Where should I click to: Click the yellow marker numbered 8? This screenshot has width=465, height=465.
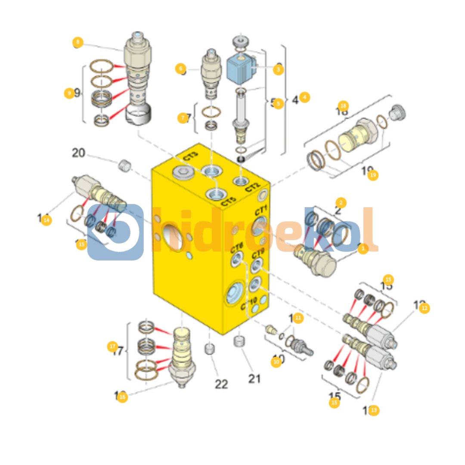[x=77, y=42]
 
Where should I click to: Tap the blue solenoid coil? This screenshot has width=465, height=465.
[x=241, y=68]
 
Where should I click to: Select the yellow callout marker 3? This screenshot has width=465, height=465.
[x=278, y=69]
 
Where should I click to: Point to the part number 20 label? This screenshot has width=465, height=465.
[x=78, y=153]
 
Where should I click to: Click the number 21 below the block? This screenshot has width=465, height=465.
[x=254, y=378]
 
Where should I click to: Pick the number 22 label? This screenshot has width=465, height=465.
[x=221, y=384]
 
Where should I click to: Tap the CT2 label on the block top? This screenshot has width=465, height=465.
[x=253, y=188]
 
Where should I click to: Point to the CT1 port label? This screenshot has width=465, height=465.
[x=261, y=211]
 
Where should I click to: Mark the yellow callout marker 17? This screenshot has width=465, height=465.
[x=112, y=346]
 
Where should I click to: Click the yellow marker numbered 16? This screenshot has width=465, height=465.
[x=122, y=397]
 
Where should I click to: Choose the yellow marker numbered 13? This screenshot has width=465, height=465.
[x=374, y=410]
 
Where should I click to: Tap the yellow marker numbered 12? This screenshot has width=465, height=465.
[x=425, y=308]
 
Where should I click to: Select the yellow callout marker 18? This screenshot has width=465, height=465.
[x=343, y=105]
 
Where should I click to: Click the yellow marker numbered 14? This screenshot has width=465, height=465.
[x=46, y=220]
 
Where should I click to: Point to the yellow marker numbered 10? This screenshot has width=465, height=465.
[x=276, y=362]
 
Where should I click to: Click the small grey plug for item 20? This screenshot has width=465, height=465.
[x=124, y=164]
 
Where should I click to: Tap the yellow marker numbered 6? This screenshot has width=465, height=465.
[x=180, y=68]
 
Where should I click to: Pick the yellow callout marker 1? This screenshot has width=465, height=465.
[x=363, y=248]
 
